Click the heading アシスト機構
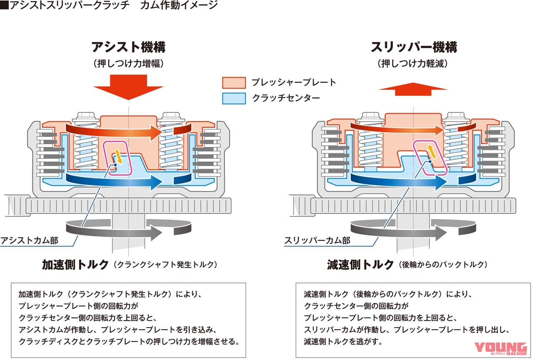click(x=129, y=47)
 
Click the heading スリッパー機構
click(x=413, y=47)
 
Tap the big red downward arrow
click(x=129, y=87)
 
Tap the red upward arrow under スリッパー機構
click(x=413, y=89)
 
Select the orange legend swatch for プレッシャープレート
click(x=234, y=83)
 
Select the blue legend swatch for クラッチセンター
click(x=234, y=98)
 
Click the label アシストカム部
click(x=29, y=241)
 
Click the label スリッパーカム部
click(x=317, y=241)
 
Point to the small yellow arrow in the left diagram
click(x=119, y=156)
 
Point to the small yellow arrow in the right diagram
click(x=431, y=151)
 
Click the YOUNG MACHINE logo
click(x=501, y=349)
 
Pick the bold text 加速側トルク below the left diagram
click(x=75, y=265)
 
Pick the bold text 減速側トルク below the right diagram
click(x=360, y=265)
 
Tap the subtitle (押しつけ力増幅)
click(x=129, y=64)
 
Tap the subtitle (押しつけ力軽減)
click(x=413, y=64)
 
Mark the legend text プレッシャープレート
click(x=294, y=82)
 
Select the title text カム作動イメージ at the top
click(x=179, y=5)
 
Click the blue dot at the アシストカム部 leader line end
click(x=115, y=165)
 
